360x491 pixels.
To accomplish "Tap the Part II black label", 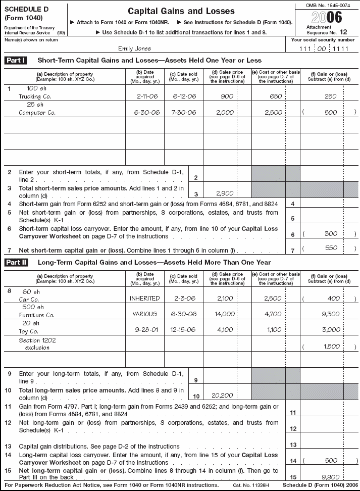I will [x=16, y=262].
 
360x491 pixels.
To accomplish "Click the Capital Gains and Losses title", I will [x=181, y=11].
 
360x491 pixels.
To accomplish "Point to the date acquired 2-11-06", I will [x=145, y=95].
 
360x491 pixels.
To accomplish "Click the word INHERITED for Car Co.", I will [x=145, y=298].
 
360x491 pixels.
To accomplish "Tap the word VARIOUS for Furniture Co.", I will [x=145, y=314].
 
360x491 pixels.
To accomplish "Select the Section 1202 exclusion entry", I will [x=37, y=343].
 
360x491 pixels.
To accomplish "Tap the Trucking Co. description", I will [x=34, y=95].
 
